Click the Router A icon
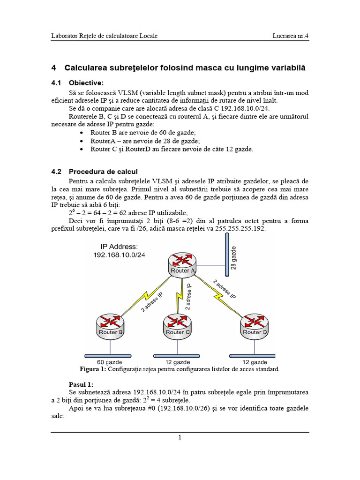181,265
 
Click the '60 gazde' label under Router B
110,362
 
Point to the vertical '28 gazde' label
233,258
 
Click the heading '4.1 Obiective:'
77,83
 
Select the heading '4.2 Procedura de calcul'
94,171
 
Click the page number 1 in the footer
180,438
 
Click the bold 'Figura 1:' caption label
93,369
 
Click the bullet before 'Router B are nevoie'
82,133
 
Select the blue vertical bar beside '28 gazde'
226,258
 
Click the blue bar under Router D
255,355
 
